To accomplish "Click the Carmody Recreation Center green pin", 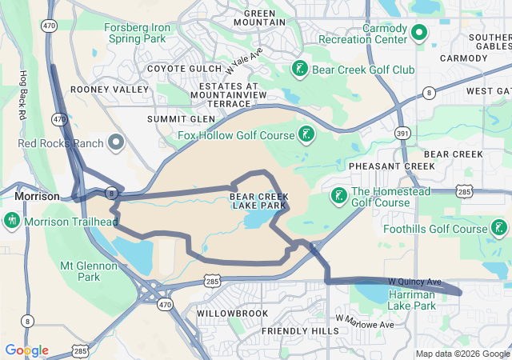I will click(x=419, y=33).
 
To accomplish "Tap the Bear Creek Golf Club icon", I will click(x=299, y=69).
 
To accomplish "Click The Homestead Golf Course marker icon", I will click(x=338, y=196).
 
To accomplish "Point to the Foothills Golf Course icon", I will click(x=499, y=229).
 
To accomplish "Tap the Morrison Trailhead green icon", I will click(x=11, y=221).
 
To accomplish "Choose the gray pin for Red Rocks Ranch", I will click(x=117, y=143).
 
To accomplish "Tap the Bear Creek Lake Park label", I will click(x=258, y=201).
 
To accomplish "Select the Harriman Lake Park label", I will click(x=412, y=300).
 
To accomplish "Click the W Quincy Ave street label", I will click(x=414, y=282).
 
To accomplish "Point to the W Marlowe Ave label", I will click(x=365, y=322).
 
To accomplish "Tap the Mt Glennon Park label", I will click(x=79, y=270).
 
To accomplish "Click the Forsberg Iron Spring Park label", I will click(x=137, y=32).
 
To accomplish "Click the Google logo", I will click(x=26, y=350).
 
